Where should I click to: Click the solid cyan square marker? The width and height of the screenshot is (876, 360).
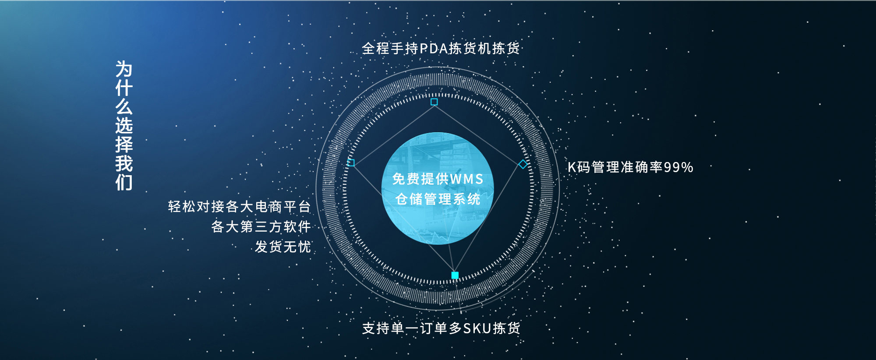coord(455,275)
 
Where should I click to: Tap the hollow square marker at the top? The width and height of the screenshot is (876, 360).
coord(434,102)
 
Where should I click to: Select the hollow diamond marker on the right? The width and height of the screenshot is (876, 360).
coord(523,164)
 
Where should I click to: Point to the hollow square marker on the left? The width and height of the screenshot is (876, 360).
coord(351,162)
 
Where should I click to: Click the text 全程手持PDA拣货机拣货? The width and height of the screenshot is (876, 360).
coord(441,48)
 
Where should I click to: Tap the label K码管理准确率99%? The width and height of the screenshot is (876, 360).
coord(630,167)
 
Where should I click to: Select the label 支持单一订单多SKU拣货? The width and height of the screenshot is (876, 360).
coord(441,328)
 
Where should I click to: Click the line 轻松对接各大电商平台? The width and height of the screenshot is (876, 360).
coord(240,206)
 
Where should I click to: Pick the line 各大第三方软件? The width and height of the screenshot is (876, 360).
coord(261,226)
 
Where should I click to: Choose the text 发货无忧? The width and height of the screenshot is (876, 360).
coord(283,247)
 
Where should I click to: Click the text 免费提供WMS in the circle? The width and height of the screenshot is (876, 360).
coord(438,179)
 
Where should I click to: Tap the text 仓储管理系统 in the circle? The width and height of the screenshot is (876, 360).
coord(438,199)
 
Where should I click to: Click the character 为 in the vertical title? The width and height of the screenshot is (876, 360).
coord(124,69)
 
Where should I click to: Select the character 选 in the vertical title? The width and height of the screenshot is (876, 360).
coord(124,126)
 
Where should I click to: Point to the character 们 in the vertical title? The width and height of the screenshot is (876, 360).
coord(124,182)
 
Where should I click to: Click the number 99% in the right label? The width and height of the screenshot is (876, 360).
coord(678,167)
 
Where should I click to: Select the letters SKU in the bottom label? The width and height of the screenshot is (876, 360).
coord(477,328)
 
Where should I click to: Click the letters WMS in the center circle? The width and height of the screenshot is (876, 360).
coord(466,179)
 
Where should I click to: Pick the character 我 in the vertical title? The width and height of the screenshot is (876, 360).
coord(124,163)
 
